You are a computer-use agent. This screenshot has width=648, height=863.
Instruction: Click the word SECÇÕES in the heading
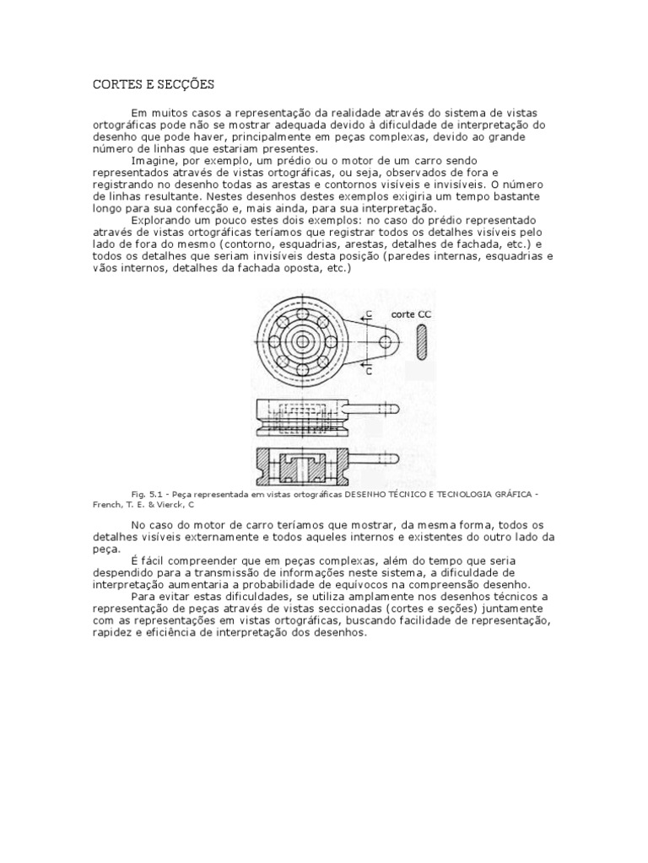coord(186,84)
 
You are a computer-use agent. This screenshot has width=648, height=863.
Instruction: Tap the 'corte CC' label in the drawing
coord(411,313)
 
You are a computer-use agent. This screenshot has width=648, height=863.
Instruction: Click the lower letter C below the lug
coord(368,369)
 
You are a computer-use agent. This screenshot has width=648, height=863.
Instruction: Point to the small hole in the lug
coord(386,341)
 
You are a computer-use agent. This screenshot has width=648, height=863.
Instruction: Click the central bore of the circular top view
coord(305,342)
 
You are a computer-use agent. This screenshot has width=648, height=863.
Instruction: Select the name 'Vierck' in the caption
coord(168,506)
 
